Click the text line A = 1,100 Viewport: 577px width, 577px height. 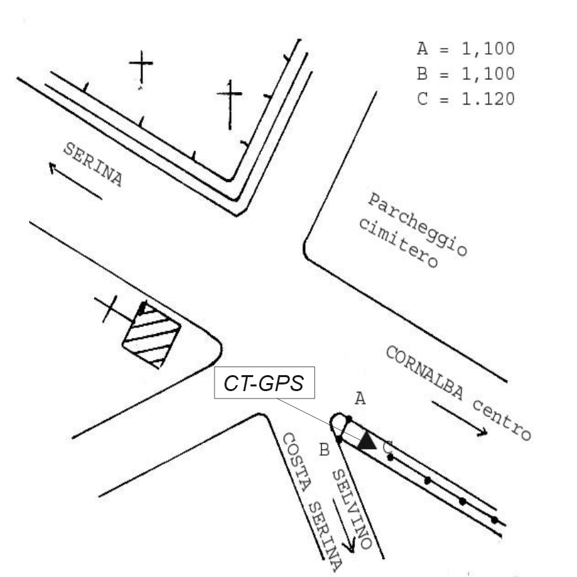465,51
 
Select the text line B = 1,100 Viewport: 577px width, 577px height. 465,75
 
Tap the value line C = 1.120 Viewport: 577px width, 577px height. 465,99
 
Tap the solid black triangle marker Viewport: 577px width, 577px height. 366,440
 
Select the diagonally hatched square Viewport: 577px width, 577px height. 151,335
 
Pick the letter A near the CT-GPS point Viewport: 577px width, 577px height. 360,398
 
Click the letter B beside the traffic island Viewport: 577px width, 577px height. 324,450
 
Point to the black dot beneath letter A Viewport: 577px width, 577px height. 348,418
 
